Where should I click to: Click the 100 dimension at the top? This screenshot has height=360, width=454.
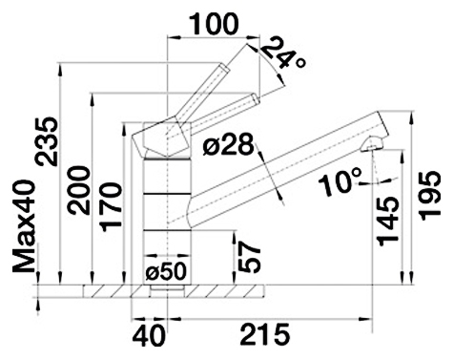214,24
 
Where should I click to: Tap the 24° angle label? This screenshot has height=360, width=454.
282,53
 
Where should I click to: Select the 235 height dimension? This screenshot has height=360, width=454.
47,141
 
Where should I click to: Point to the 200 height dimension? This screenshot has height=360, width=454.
78,190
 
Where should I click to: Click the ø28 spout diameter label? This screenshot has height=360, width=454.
229,145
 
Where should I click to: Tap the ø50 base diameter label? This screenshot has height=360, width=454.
165,272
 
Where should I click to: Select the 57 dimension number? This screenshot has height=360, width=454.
250,257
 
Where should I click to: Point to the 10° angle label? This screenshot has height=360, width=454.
341,182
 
